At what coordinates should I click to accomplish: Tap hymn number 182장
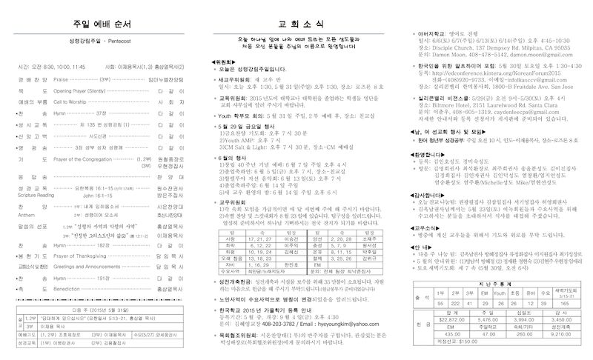(x=102, y=243)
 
